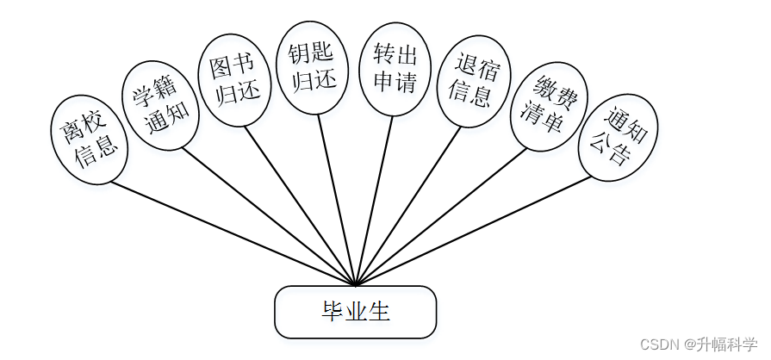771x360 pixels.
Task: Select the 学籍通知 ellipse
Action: [160, 105]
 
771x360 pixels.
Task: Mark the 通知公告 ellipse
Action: [618, 138]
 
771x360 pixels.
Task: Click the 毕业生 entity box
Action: [355, 312]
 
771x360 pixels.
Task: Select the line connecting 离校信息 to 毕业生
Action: [233, 233]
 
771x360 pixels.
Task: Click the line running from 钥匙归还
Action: [336, 198]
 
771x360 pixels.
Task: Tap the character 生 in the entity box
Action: [380, 312]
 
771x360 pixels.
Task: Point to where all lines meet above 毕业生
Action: [355, 283]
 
